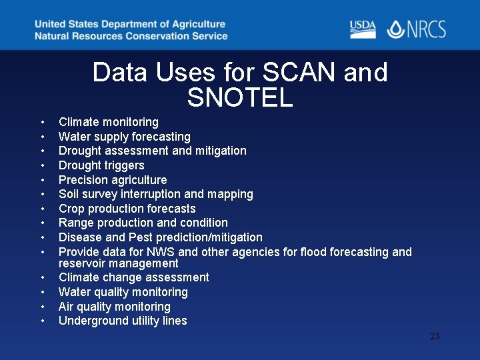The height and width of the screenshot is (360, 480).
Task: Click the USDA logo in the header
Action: (x=363, y=29)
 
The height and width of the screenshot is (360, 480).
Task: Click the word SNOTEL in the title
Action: (x=240, y=98)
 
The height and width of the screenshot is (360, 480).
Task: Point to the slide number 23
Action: (x=435, y=337)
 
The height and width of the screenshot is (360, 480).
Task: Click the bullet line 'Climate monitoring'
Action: (x=109, y=122)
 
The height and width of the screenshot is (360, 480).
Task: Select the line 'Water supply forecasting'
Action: (x=125, y=137)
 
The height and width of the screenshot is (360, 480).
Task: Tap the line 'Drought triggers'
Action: (x=101, y=165)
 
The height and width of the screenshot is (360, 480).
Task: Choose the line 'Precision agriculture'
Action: (x=113, y=180)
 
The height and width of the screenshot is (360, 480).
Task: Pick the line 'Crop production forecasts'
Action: (x=127, y=209)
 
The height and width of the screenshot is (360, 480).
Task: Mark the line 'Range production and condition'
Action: (x=143, y=223)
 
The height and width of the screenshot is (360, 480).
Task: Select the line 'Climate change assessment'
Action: (x=134, y=277)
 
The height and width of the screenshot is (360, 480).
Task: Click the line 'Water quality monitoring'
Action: (x=123, y=292)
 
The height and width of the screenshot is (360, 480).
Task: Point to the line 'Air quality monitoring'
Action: (x=115, y=307)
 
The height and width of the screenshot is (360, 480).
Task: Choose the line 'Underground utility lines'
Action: (x=123, y=321)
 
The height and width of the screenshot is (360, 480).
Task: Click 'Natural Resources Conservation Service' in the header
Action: (x=131, y=36)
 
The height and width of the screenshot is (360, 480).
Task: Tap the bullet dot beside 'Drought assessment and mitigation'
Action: (x=43, y=151)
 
